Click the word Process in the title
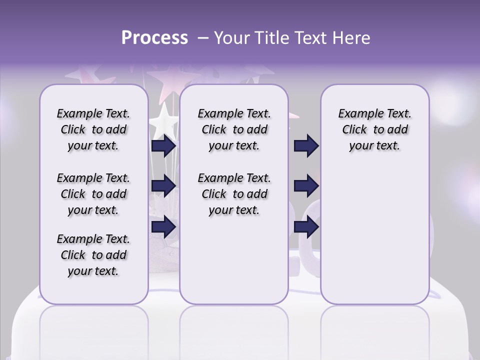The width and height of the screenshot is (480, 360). coord(154,38)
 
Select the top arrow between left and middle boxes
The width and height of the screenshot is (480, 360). coord(163,145)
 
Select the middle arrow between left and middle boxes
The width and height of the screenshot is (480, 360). coord(163,186)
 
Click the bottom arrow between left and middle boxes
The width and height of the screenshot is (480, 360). coord(163,226)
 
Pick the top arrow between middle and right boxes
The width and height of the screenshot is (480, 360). coord(306,145)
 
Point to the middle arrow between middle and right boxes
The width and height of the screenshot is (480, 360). coord(306,186)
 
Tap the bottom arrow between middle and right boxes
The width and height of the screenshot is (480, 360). coord(306,226)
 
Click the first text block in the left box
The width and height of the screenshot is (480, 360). coord(93,129)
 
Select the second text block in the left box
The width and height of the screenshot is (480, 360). coord(93,194)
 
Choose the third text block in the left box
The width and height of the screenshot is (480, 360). coord(93,255)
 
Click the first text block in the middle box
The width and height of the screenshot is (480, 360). coord(234,129)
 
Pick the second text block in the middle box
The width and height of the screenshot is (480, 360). coord(234,194)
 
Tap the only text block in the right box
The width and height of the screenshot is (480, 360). coord(374,129)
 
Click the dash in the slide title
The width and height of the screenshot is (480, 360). coord(203,38)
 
